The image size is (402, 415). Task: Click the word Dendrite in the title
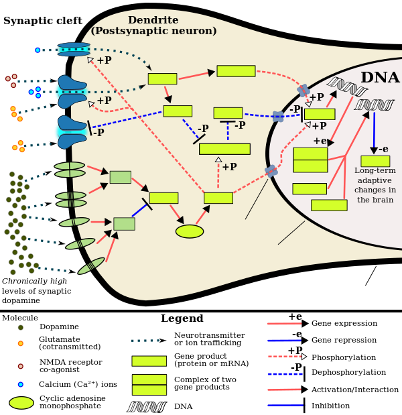click(x=153, y=20)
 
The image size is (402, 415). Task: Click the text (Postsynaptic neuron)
click(x=153, y=31)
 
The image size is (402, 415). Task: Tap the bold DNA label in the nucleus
click(x=379, y=78)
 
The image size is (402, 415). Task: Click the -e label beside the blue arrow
click(x=383, y=149)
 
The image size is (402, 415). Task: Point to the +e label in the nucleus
click(x=320, y=141)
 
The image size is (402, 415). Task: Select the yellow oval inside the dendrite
click(x=190, y=231)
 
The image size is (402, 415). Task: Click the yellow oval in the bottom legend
click(x=21, y=402)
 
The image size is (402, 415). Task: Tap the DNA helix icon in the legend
click(x=146, y=407)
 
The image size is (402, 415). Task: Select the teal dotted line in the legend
click(x=145, y=341)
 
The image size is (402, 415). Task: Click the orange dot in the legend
click(x=20, y=343)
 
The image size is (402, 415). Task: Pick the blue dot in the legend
click(x=20, y=384)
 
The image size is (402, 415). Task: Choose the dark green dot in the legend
click(x=20, y=328)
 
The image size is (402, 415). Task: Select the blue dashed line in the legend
click(x=285, y=373)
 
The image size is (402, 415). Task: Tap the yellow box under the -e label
click(x=375, y=161)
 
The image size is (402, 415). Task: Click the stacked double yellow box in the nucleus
click(x=310, y=160)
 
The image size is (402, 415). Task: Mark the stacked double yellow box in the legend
click(x=149, y=385)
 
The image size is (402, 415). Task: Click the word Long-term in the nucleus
click(x=375, y=171)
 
